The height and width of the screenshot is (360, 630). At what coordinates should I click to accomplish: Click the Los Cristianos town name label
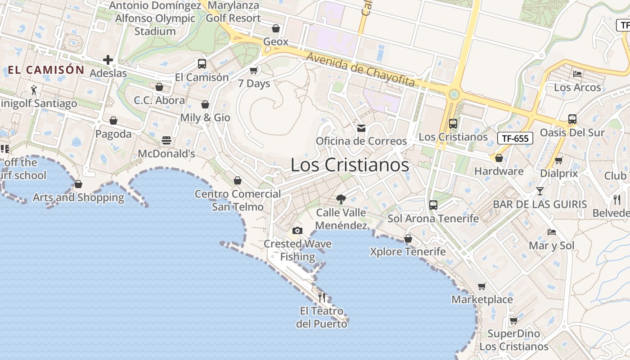pyautogui.click(x=350, y=165)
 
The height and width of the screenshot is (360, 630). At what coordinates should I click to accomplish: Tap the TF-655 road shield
pyautogui.click(x=515, y=138)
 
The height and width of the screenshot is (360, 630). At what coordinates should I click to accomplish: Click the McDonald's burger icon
pyautogui.click(x=166, y=140)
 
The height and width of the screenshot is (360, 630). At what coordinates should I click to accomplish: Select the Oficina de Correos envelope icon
pyautogui.click(x=361, y=128)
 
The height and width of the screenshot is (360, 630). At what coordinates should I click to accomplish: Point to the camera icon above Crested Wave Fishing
pyautogui.click(x=297, y=231)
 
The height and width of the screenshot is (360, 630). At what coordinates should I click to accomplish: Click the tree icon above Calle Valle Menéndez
pyautogui.click(x=341, y=199)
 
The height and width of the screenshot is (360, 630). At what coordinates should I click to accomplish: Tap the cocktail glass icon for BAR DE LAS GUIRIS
pyautogui.click(x=540, y=191)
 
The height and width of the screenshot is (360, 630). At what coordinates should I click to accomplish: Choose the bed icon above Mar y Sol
pyautogui.click(x=551, y=232)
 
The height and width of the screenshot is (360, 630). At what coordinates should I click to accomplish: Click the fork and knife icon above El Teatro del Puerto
pyautogui.click(x=322, y=297)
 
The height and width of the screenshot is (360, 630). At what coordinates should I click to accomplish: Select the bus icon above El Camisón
pyautogui.click(x=202, y=64)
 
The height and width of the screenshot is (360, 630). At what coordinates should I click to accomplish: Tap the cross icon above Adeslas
pyautogui.click(x=108, y=59)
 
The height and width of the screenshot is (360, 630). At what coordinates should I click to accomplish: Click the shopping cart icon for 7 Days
pyautogui.click(x=253, y=70)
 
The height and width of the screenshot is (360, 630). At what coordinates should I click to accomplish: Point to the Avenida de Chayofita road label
pyautogui.click(x=360, y=69)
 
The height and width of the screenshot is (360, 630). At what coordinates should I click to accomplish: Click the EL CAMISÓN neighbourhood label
pyautogui.click(x=46, y=70)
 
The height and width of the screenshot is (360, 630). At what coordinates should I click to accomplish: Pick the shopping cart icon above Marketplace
pyautogui.click(x=482, y=286)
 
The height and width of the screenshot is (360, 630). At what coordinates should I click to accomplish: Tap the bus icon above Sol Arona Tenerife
pyautogui.click(x=433, y=205)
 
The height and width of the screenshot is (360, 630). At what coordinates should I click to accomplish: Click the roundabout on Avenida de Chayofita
pyautogui.click(x=454, y=94)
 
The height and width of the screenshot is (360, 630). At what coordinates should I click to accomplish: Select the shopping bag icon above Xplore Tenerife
pyautogui.click(x=408, y=238)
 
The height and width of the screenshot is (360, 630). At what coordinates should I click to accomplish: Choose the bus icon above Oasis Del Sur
pyautogui.click(x=572, y=119)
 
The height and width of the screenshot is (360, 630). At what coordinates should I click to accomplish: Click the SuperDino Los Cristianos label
pyautogui.click(x=514, y=340)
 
